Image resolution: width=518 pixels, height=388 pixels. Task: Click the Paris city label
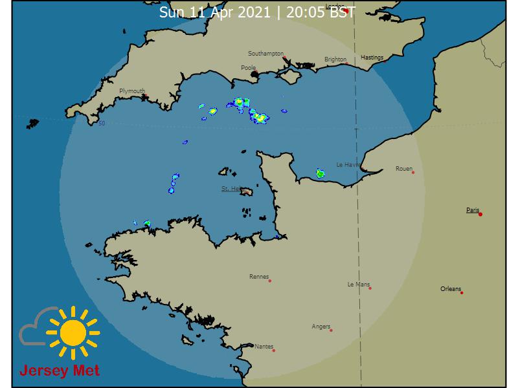coord(473,210)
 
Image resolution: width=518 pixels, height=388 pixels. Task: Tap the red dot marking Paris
coord(480,214)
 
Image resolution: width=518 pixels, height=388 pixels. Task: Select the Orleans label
coord(451,288)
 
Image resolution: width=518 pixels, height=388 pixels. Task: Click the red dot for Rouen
coord(412,172)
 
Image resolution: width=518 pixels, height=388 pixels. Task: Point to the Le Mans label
coord(358,284)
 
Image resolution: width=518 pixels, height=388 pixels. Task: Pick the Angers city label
coord(321,327)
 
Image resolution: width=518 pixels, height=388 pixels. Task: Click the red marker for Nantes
coord(274,350)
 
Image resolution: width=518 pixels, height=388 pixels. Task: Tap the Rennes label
coord(258,277)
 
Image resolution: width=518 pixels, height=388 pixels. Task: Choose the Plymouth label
coord(132,91)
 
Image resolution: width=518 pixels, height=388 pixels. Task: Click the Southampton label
coord(265,54)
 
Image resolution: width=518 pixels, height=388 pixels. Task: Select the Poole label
coord(248,67)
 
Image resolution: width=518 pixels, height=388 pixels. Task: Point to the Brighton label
coord(335,59)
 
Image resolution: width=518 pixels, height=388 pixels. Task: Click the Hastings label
coord(372,58)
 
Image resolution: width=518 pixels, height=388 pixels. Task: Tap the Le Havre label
coord(348,165)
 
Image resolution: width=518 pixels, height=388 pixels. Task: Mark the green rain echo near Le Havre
coord(320,173)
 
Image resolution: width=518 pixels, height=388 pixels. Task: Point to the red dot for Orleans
coord(462,293)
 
